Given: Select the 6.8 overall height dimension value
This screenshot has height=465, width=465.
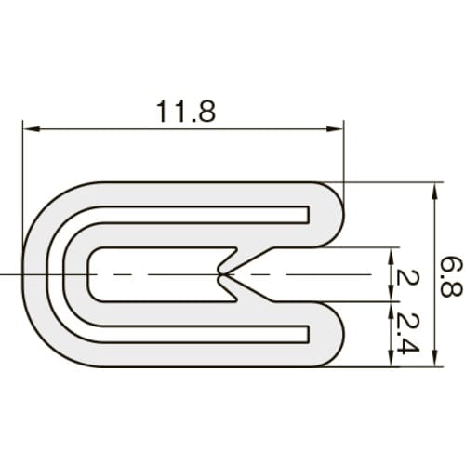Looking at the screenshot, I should [450, 276].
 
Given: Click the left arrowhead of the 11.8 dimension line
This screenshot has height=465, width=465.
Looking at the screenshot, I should [28, 129].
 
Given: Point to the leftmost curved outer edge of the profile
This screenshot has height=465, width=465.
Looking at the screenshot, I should [22, 275].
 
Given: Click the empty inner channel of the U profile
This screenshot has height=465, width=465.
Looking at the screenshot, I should [149, 275].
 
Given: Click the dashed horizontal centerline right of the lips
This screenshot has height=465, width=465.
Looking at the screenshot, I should [316, 275].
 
